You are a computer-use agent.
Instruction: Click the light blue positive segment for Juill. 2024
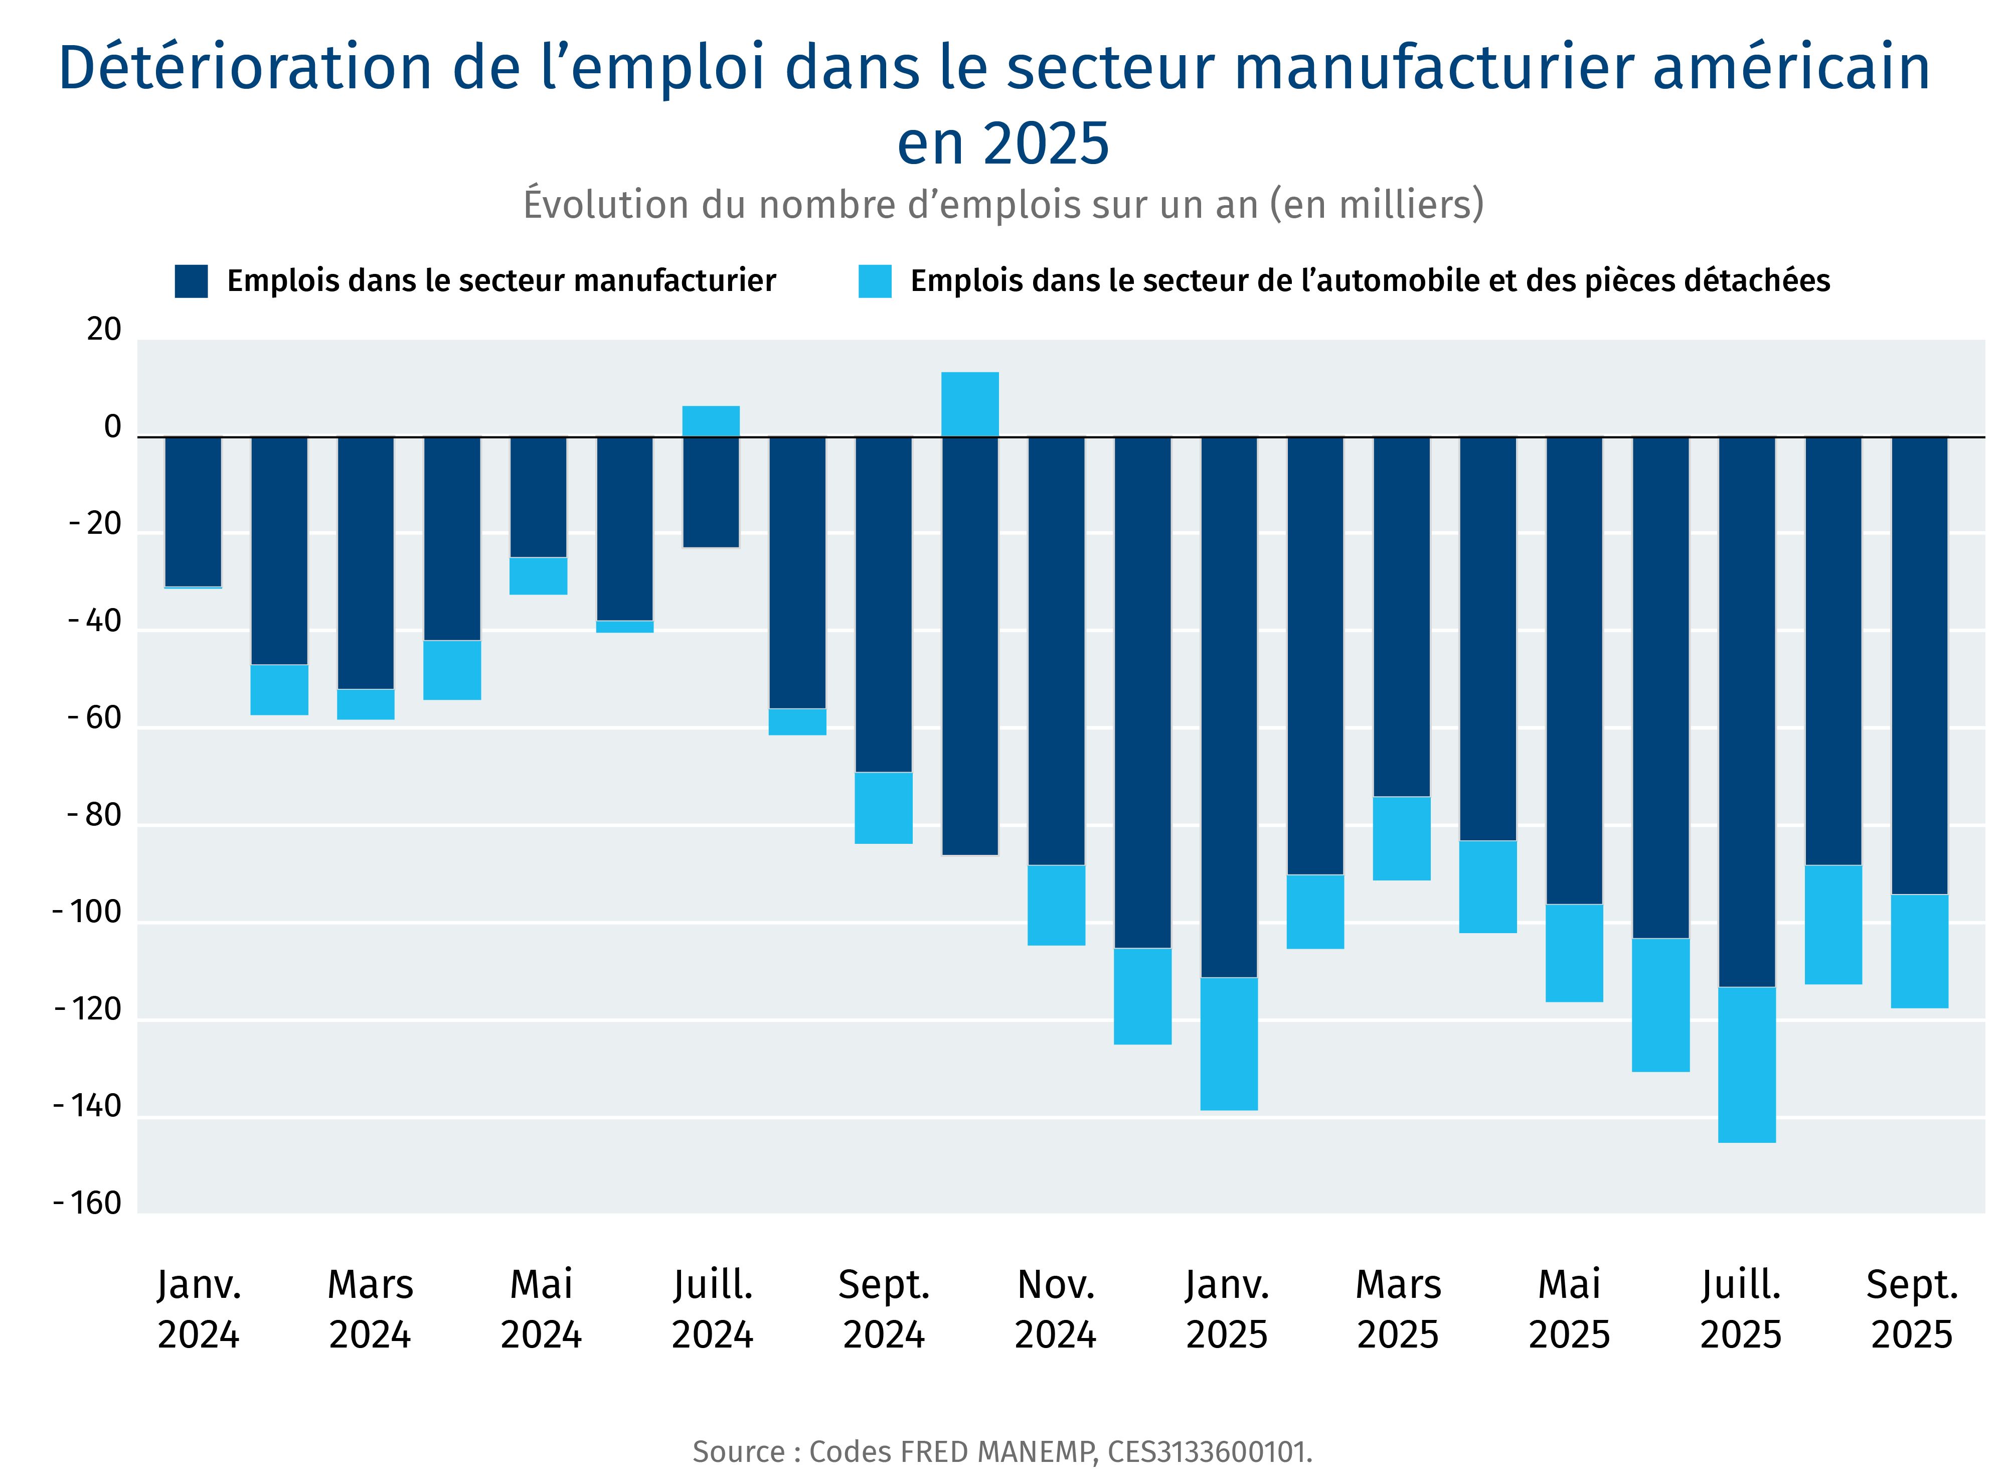coord(711,421)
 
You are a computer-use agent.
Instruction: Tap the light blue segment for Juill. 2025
coord(1747,1065)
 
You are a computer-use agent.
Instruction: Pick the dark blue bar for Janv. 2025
coord(1229,707)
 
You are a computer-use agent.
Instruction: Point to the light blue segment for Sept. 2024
coord(884,808)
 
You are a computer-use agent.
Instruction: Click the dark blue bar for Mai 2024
coord(539,497)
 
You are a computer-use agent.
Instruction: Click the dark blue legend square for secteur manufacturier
coord(191,281)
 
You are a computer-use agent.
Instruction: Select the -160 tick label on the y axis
coord(87,1204)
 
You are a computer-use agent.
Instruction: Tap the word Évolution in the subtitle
coord(606,205)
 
